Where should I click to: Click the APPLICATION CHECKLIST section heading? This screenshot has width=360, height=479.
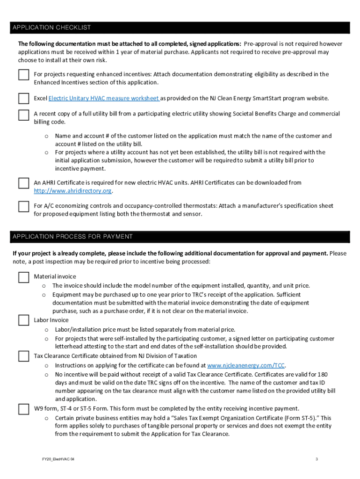pyautogui.click(x=52, y=28)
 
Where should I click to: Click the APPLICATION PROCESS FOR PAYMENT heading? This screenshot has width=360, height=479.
pyautogui.click(x=72, y=236)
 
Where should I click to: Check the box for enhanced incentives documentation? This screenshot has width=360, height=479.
pyautogui.click(x=23, y=75)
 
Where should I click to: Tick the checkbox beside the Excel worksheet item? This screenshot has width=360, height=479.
pyautogui.click(x=23, y=99)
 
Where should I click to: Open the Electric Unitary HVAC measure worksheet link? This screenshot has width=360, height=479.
pyautogui.click(x=104, y=98)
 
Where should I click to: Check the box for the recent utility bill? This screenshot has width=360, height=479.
pyautogui.click(x=23, y=115)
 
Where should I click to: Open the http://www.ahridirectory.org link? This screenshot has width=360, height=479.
pyautogui.click(x=73, y=191)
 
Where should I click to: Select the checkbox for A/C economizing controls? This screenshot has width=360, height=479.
pyautogui.click(x=23, y=206)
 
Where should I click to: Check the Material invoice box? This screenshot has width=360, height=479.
pyautogui.click(x=23, y=277)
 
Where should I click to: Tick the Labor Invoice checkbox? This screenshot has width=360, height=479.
pyautogui.click(x=23, y=320)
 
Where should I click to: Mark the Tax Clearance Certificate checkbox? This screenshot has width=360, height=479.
pyautogui.click(x=23, y=356)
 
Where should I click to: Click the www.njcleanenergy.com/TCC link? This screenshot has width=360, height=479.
pyautogui.click(x=246, y=365)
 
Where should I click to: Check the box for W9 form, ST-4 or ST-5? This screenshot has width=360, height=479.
pyautogui.click(x=23, y=409)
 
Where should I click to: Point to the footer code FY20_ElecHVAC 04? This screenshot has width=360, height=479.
pyautogui.click(x=57, y=459)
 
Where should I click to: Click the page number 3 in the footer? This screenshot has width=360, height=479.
pyautogui.click(x=317, y=459)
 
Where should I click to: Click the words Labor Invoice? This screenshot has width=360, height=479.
pyautogui.click(x=51, y=320)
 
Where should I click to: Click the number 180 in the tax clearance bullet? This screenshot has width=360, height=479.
pyautogui.click(x=323, y=374)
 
